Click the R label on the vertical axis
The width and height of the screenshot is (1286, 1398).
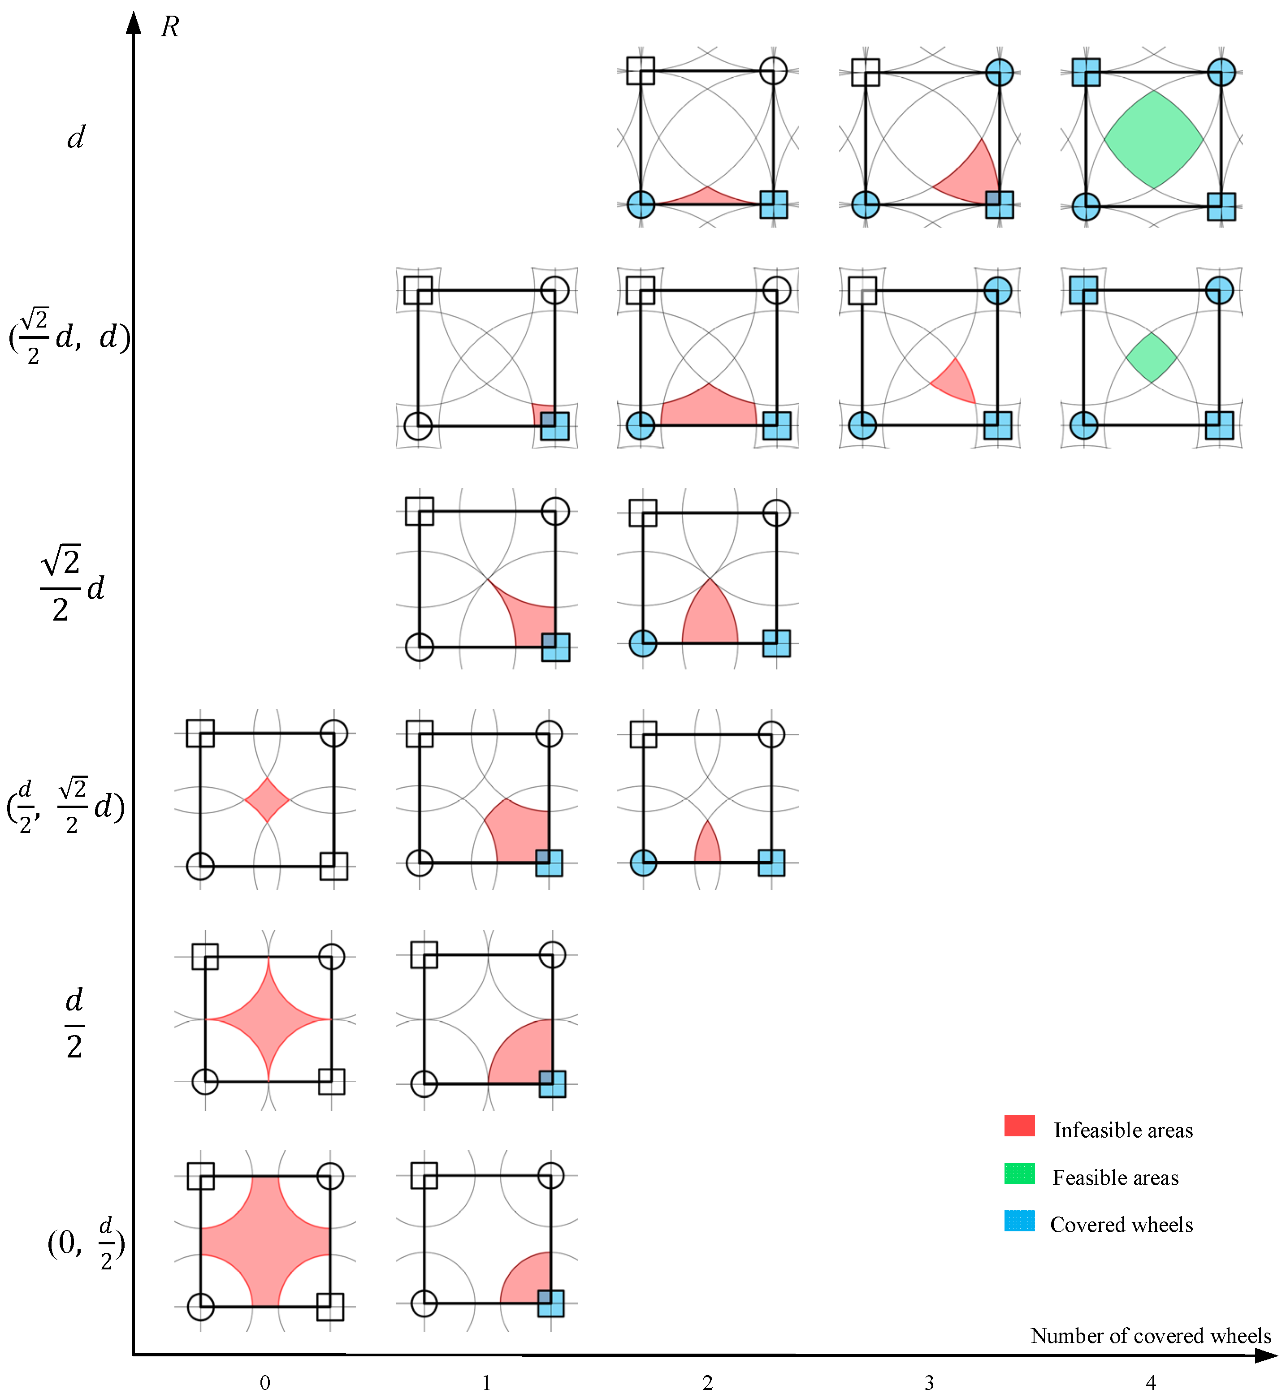point(170,27)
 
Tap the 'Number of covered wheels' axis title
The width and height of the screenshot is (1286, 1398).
point(1150,1335)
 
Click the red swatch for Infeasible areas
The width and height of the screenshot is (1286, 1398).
point(1019,1126)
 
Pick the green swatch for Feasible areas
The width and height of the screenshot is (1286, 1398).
point(1019,1174)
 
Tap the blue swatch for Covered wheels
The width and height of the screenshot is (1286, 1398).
point(1019,1221)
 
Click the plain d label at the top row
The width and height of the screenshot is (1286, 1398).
point(75,138)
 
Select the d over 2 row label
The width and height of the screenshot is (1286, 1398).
point(74,1023)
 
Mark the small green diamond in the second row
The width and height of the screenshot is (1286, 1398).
point(1151,358)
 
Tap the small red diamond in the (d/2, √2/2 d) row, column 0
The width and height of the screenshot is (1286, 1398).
point(267,800)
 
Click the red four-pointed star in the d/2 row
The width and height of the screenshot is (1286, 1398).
point(268,1020)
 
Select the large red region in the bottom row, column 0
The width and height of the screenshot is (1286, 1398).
point(265,1242)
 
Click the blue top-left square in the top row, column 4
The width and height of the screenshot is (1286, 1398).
point(1086,72)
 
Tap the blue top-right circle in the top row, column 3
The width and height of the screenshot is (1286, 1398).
point(999,72)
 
